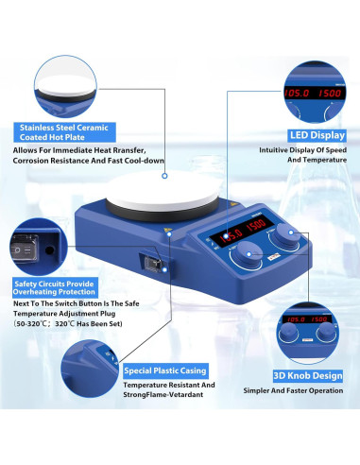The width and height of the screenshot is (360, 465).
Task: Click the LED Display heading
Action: [x=317, y=135]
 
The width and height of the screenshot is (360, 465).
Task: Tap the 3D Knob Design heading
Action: [x=308, y=376]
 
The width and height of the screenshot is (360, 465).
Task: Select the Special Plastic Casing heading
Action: [x=165, y=370]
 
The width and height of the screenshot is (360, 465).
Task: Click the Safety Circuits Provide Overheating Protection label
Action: [x=54, y=287]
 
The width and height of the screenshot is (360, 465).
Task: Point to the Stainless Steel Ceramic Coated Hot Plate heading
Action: [x=64, y=132]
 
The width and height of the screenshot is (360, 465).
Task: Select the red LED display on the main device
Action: [x=243, y=230]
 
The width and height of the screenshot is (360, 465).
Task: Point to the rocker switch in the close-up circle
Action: [x=25, y=249]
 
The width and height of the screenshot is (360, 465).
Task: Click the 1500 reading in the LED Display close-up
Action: [x=330, y=93]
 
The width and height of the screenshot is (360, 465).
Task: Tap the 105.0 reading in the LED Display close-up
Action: [x=297, y=93]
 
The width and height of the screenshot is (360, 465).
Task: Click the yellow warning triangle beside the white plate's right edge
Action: [x=233, y=204]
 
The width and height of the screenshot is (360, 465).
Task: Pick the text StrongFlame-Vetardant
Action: [x=163, y=394]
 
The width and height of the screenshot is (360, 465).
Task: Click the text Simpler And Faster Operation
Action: [x=293, y=390]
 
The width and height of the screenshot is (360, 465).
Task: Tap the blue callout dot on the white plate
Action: [x=164, y=176]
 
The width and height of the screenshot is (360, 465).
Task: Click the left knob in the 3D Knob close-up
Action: [x=289, y=332]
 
